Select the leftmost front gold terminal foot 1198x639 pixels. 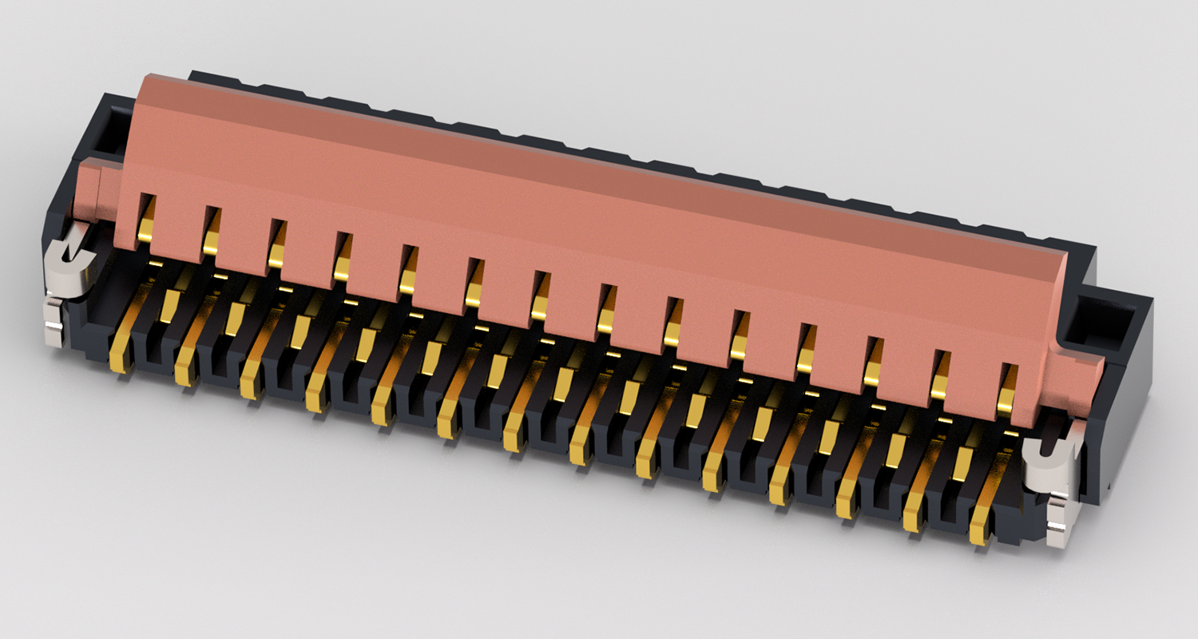[120, 355]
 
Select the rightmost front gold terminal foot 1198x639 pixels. [980, 527]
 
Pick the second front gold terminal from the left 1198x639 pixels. [184, 368]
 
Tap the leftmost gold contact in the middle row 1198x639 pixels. [169, 304]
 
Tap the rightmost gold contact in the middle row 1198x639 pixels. [962, 463]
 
